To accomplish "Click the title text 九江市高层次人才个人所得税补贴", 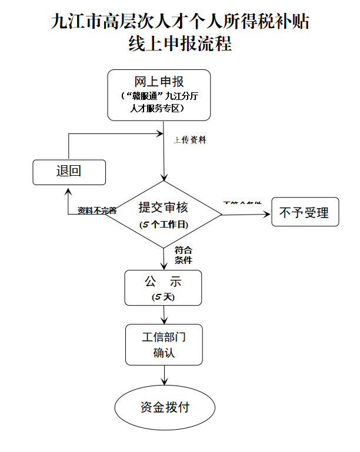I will coord(180,21).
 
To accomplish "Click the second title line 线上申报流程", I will coord(180,45).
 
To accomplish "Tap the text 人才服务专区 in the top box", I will coord(158,109).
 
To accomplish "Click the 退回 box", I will coord(69,172).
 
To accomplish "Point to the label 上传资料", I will coord(190,140).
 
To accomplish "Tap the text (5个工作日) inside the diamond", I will coord(164,225).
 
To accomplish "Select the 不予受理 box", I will coord(305,212).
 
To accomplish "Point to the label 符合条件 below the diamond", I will coord(184,255).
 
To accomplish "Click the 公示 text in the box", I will coord(163,282).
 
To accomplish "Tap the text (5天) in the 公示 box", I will coord(163,297).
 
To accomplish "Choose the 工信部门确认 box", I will coord(164,344).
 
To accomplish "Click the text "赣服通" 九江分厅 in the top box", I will coord(158,96).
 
